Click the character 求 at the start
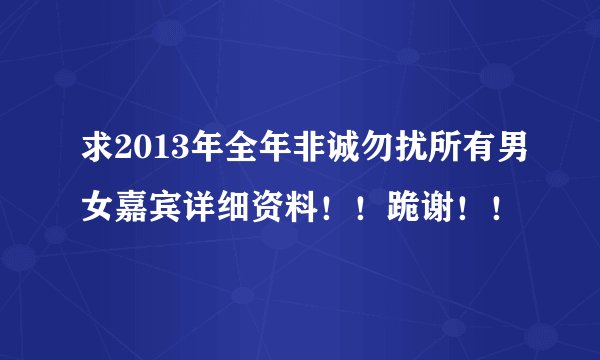(x=98, y=158)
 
